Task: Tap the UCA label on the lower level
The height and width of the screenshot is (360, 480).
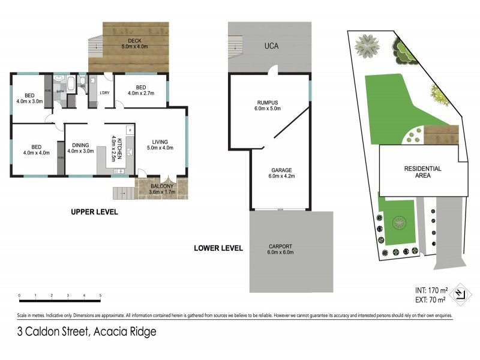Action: click(x=269, y=46)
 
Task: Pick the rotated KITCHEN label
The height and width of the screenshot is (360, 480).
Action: click(x=119, y=148)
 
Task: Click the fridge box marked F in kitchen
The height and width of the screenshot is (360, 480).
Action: click(x=130, y=130)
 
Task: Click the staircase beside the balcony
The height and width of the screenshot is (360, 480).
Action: click(x=122, y=193)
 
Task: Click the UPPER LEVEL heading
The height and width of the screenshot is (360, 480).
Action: click(x=94, y=212)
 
